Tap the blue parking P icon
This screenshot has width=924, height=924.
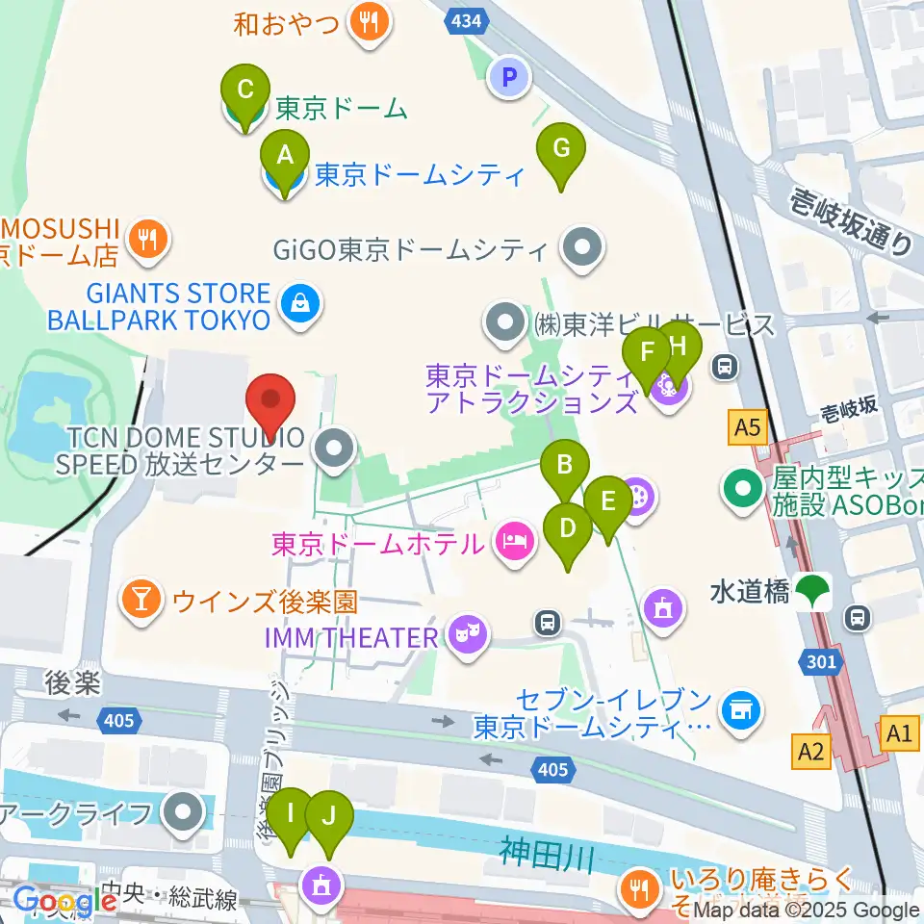[x=509, y=77]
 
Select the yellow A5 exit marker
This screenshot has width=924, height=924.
[x=750, y=424]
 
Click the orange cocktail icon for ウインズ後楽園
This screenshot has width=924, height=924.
[x=141, y=602]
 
